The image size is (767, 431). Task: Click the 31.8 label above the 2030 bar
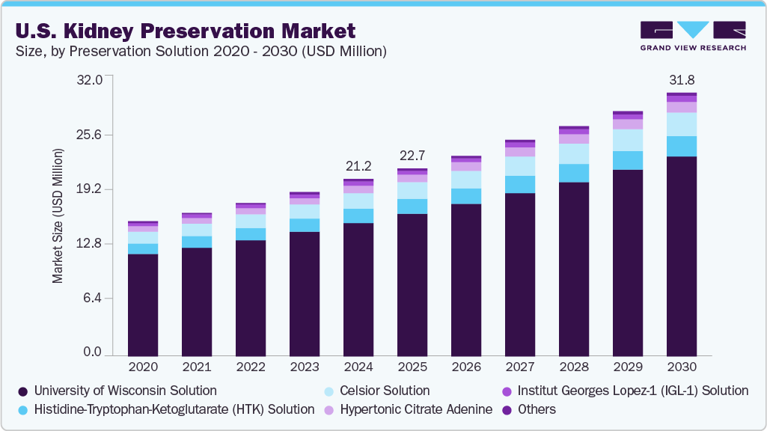pyautogui.click(x=682, y=80)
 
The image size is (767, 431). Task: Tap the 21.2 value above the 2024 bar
pyautogui.click(x=358, y=165)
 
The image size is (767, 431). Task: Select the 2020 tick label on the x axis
pyautogui.click(x=143, y=367)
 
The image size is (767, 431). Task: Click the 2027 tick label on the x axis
pyautogui.click(x=520, y=367)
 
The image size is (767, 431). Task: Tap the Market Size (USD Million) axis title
pyautogui.click(x=58, y=216)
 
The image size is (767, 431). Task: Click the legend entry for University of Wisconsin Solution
pyautogui.click(x=125, y=391)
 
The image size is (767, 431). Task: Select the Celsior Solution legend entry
pyautogui.click(x=385, y=391)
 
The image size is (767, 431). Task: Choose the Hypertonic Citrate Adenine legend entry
pyautogui.click(x=416, y=409)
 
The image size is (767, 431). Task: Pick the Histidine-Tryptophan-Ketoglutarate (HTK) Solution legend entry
pyautogui.click(x=174, y=409)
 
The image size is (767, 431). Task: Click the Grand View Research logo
pyautogui.click(x=692, y=36)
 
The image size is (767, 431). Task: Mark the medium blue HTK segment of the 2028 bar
pyautogui.click(x=574, y=173)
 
